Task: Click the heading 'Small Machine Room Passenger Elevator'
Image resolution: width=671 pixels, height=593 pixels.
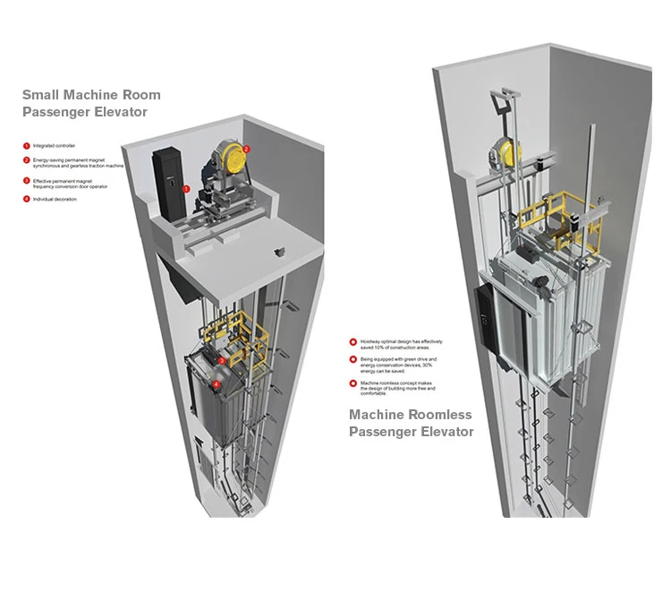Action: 91,103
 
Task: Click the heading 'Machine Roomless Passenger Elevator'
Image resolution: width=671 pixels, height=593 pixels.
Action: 411,423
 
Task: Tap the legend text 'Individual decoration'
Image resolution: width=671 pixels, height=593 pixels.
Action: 55,199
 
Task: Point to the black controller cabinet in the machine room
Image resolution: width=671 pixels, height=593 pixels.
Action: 166,184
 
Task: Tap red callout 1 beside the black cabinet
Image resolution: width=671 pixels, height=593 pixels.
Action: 186,189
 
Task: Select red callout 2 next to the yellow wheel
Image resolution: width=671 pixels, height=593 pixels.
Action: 246,148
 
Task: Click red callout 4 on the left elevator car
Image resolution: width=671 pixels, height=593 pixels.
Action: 216,383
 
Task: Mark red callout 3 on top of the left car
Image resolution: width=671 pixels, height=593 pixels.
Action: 221,360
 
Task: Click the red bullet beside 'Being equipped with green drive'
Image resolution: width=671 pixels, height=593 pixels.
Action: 352,359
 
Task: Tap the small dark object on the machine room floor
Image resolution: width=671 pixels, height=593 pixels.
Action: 280,248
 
